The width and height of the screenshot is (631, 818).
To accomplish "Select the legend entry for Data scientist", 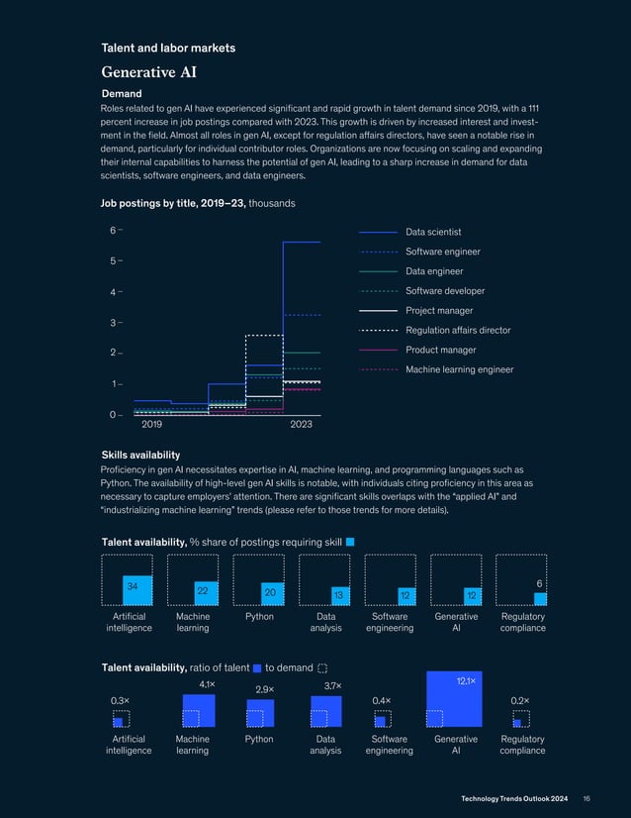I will (433, 232).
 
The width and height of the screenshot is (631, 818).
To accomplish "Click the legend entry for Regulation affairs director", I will (458, 330).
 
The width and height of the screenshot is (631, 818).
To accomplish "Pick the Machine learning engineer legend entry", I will (459, 369).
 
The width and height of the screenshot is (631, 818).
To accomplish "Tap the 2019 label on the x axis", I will (151, 424).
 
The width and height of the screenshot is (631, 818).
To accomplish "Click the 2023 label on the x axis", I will (302, 424).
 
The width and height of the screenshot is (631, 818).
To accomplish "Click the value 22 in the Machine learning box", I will (202, 590).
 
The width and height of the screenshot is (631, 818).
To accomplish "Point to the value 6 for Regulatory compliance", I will (539, 584).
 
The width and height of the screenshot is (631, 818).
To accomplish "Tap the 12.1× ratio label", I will (467, 681).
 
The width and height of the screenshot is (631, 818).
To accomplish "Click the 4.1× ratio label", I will (208, 684).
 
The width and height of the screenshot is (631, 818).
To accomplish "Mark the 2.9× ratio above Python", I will (264, 689).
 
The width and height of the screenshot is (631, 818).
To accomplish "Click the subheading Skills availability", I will (141, 454).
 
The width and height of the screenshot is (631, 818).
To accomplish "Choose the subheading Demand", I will (122, 93).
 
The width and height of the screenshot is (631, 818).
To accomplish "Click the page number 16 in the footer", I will (586, 797).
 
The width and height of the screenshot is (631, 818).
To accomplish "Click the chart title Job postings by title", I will (173, 203).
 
